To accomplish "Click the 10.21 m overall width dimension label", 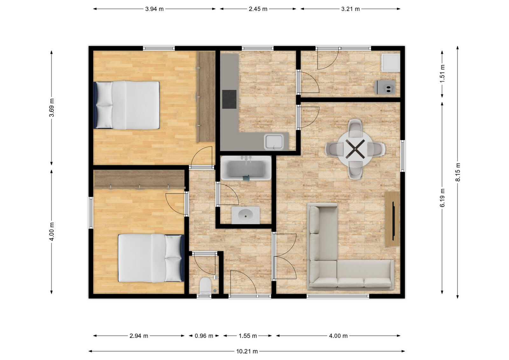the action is point(247,351).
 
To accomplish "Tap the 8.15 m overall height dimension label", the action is point(458,172).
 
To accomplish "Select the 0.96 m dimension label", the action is point(204,336).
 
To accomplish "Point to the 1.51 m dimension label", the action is point(442,74).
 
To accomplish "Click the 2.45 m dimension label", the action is point(258,9).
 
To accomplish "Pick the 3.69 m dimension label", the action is point(52,108).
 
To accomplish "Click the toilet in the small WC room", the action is point(205,285).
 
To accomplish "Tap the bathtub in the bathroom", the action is point(246,168).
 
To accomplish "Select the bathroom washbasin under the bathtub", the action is point(246,215).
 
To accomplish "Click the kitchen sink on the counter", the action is point(274,142).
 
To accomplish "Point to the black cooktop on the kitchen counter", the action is point(229,99).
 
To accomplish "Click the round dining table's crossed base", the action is point(355,149).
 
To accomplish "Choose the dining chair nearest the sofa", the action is point(355,170).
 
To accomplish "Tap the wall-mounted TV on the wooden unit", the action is point(393,220).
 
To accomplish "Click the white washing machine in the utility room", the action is point(391,63).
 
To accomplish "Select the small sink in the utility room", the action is point(385,87).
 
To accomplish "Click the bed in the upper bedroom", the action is point(127,105).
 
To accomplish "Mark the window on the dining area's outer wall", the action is point(402,156).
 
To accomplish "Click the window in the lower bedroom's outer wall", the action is point(91,212).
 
